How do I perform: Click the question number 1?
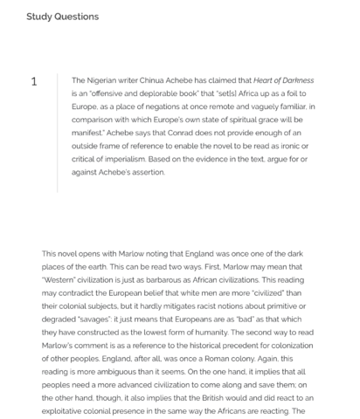(34, 82)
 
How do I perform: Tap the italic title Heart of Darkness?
(282, 80)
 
